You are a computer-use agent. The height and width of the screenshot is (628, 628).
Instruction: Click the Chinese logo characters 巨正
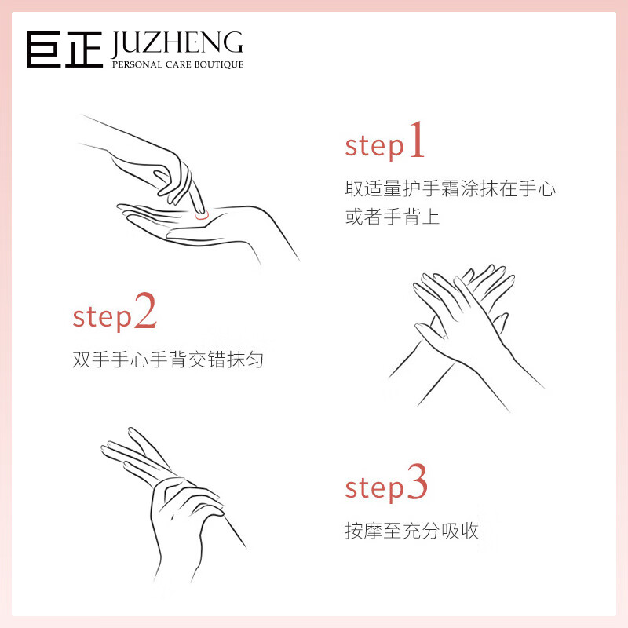click(65, 49)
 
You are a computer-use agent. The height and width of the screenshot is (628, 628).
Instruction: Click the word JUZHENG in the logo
click(177, 44)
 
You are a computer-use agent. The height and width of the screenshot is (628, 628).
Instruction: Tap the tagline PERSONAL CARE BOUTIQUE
click(178, 64)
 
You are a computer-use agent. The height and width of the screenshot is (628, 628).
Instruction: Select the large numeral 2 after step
click(145, 310)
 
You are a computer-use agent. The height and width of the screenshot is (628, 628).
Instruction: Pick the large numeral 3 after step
click(418, 481)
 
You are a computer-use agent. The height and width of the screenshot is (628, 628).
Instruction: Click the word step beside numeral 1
click(374, 148)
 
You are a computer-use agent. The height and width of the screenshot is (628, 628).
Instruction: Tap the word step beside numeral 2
click(102, 319)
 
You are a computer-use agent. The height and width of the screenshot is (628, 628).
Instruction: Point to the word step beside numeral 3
click(374, 489)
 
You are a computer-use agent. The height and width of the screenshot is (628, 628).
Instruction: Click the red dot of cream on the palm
click(202, 216)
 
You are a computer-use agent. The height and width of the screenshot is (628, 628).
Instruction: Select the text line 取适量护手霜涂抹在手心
click(450, 188)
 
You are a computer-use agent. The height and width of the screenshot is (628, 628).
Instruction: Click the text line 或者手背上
click(392, 217)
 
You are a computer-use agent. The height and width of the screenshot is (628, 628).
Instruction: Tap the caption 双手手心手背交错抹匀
click(168, 360)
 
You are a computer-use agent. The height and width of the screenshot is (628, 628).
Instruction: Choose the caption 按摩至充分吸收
click(411, 531)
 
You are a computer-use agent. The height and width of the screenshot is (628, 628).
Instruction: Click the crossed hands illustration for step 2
click(466, 338)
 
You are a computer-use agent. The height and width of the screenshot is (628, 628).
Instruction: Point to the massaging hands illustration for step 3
click(173, 505)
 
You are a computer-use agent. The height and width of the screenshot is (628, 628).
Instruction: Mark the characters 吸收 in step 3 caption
click(460, 531)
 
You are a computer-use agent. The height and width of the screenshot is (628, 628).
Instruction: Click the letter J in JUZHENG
click(116, 44)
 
